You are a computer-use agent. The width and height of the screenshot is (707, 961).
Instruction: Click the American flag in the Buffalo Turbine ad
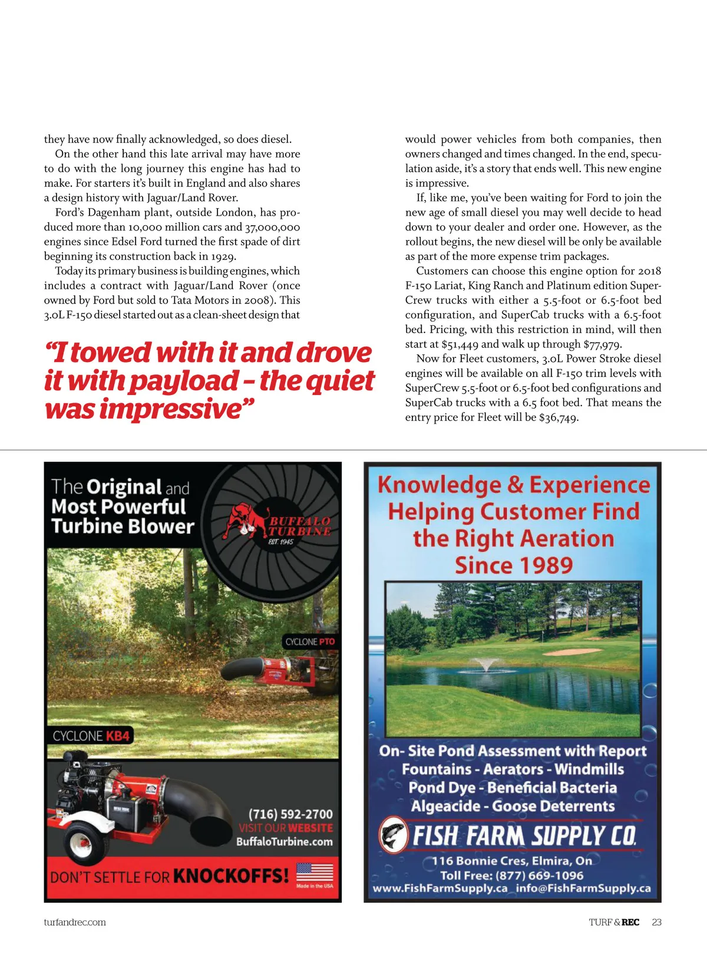click(314, 872)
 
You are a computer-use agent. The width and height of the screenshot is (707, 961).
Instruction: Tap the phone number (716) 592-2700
click(290, 814)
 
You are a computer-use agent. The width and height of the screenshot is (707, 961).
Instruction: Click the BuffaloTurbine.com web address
click(284, 842)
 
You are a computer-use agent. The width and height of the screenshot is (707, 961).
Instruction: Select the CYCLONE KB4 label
click(91, 736)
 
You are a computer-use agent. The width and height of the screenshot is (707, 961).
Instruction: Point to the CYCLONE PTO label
click(310, 641)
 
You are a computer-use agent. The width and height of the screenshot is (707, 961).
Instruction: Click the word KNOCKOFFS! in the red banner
click(231, 876)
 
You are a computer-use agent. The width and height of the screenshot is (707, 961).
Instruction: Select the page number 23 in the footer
click(657, 922)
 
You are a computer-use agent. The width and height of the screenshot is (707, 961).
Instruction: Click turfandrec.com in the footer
click(75, 922)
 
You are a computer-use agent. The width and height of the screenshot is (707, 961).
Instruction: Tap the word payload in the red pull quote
click(184, 381)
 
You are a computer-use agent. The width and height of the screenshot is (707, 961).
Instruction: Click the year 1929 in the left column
click(222, 256)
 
